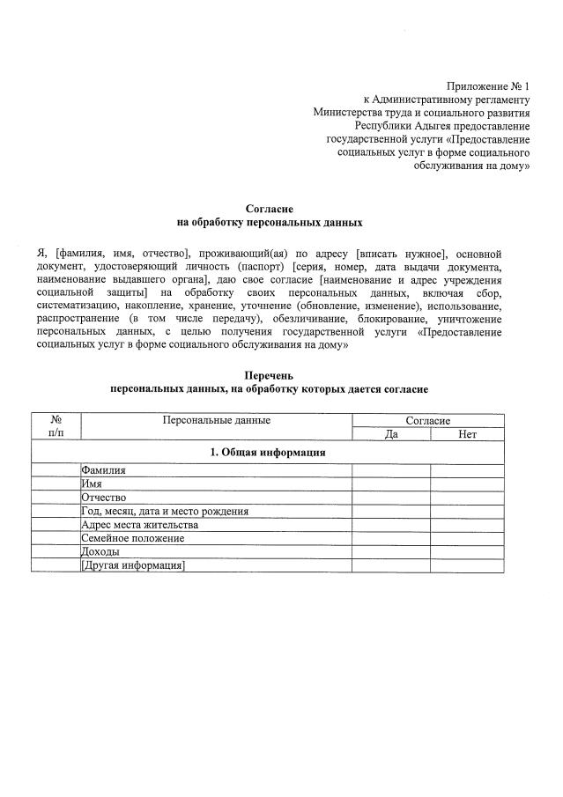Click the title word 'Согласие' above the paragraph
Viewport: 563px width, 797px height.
[270, 209]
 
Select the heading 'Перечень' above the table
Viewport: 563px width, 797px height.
[269, 375]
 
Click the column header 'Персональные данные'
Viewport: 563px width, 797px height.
[216, 421]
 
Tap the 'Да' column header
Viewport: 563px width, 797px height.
[391, 434]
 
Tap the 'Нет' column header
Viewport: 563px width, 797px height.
[467, 434]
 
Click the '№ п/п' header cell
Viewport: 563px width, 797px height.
[56, 427]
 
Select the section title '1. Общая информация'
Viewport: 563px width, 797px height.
[268, 453]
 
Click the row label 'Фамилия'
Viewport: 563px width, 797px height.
[103, 470]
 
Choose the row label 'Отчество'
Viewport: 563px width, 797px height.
[104, 498]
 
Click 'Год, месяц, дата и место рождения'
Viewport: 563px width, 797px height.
[165, 511]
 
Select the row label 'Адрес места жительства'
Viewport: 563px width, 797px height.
[139, 525]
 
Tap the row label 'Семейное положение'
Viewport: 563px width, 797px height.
[133, 538]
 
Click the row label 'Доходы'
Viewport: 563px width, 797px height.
[100, 552]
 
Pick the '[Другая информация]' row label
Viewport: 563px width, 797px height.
[133, 565]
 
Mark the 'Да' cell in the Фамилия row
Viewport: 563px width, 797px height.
[391, 470]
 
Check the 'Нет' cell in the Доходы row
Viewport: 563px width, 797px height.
[467, 552]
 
